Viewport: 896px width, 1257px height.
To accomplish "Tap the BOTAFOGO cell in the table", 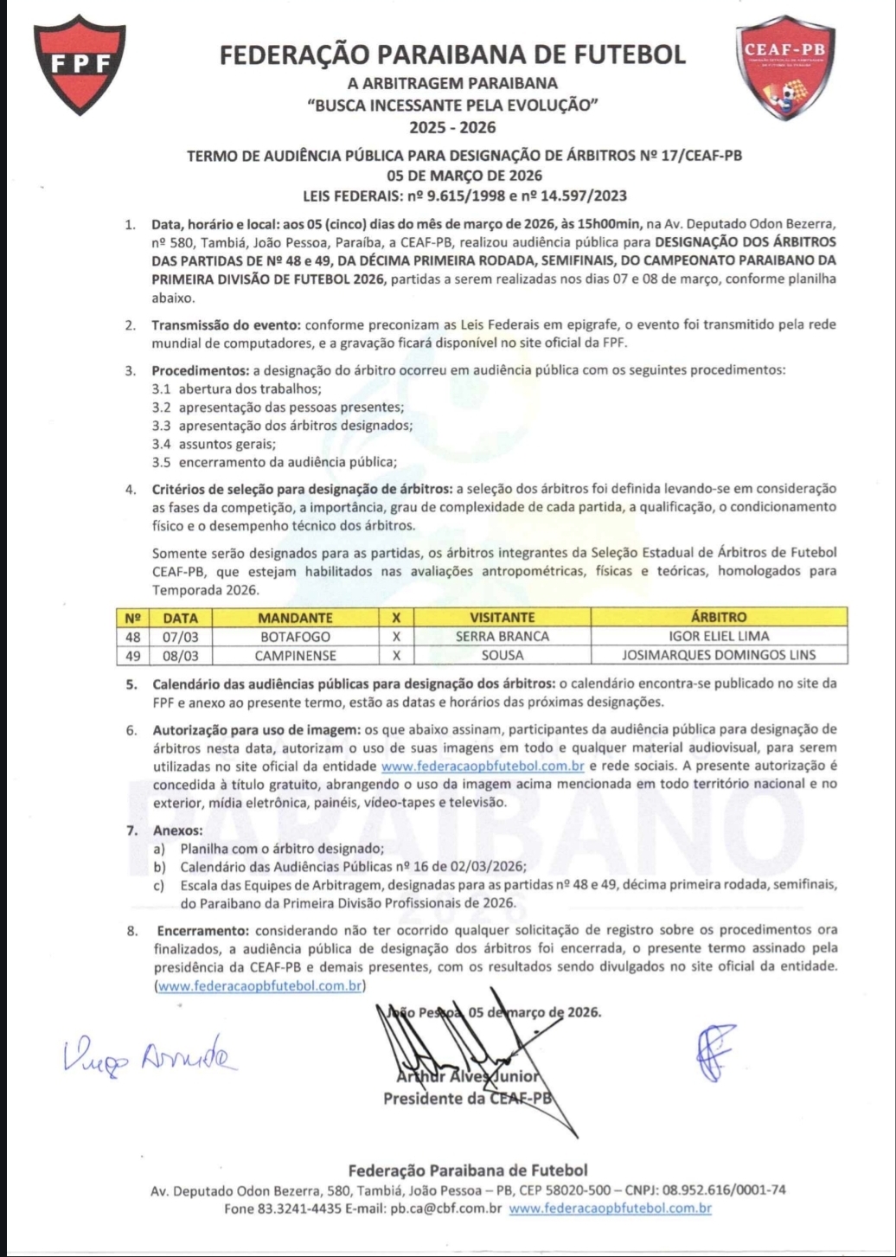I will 295,637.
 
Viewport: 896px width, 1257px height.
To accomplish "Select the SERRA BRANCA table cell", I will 502,637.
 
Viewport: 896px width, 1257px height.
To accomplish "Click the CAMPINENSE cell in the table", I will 295,655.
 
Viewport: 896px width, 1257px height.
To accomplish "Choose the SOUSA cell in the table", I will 502,655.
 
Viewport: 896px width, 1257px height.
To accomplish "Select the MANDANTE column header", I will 295,618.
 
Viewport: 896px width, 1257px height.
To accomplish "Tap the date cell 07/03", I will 180,637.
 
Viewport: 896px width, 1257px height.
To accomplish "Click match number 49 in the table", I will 132,655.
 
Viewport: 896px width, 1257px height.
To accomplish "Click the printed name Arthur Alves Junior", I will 469,1077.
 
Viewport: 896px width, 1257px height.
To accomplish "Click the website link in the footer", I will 610,1209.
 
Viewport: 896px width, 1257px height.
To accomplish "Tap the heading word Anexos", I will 177,831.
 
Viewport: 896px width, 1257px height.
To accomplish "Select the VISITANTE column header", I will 502,618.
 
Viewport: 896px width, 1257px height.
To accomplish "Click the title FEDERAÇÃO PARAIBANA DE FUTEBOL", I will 452,55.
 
